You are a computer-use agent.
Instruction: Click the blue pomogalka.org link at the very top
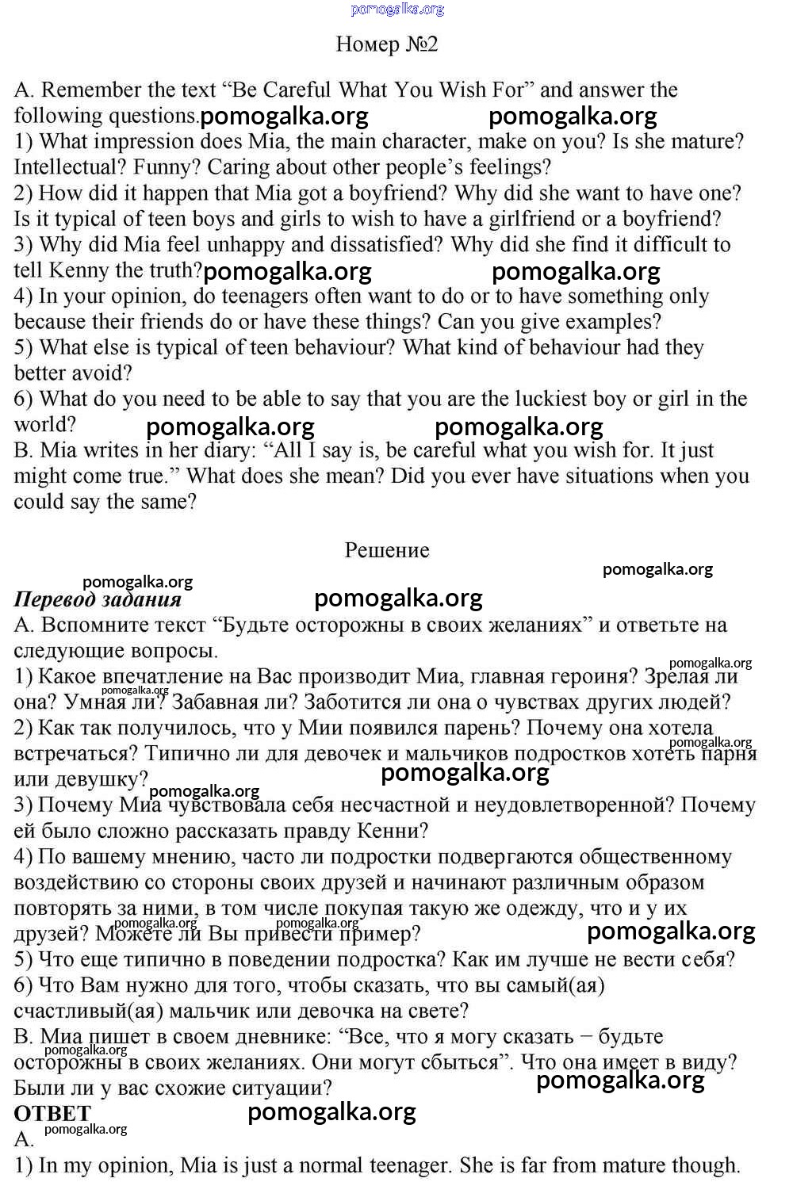397,10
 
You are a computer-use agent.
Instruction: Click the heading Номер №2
387,44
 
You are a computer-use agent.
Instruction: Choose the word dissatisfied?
376,245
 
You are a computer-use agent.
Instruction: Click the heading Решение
387,551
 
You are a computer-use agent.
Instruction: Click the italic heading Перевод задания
98,600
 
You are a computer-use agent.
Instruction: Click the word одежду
543,908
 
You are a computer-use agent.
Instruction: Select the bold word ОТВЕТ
52,1114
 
